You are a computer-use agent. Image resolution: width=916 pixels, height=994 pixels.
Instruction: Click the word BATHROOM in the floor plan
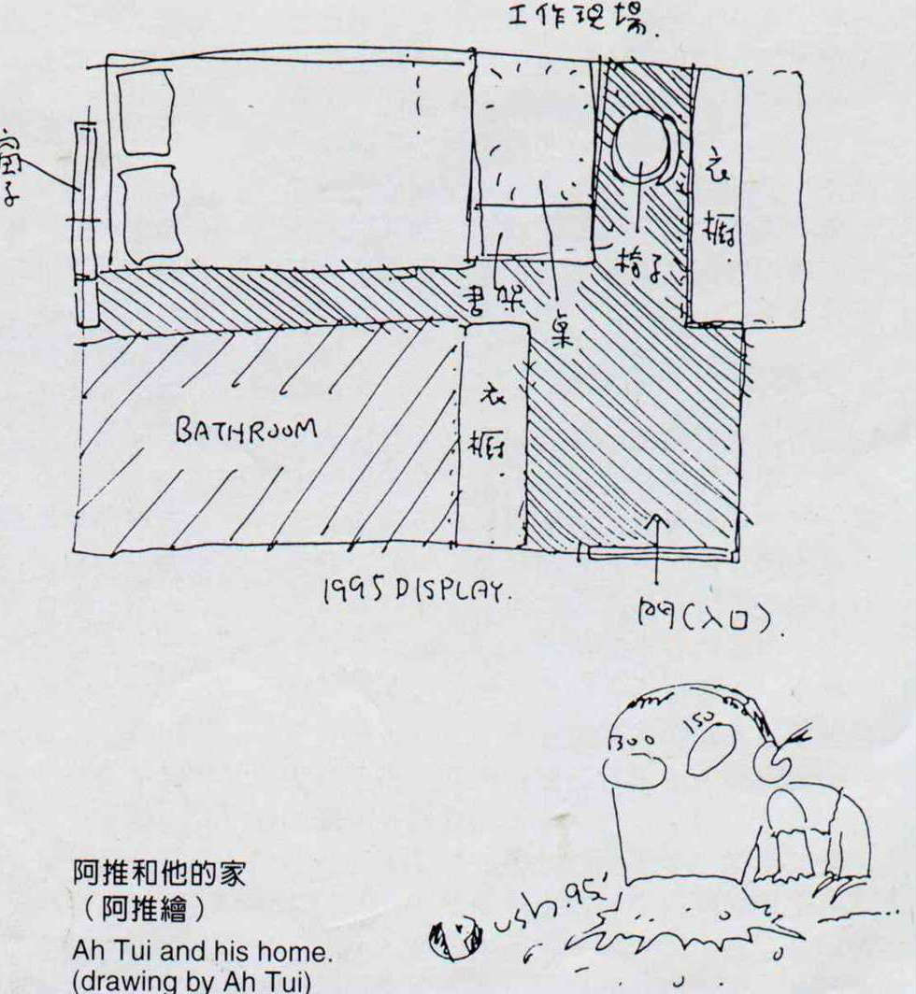tap(246, 431)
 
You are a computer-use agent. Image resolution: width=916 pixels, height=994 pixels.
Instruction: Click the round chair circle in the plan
tap(642, 148)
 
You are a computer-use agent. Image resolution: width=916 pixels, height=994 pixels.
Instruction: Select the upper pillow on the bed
tap(145, 112)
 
